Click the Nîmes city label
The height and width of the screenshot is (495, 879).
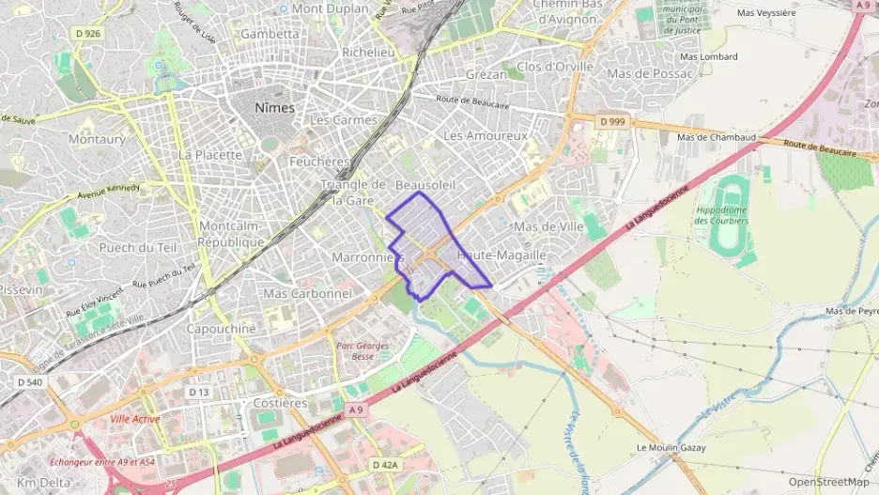[274, 108]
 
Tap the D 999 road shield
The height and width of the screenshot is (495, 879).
[610, 121]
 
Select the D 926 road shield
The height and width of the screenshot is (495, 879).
[86, 33]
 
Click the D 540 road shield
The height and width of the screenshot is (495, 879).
[30, 381]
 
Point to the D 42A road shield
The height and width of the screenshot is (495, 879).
[385, 464]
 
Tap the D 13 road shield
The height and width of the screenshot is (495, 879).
[198, 392]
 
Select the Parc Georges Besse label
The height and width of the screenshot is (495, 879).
[362, 350]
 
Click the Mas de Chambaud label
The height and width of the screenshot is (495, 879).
[717, 137]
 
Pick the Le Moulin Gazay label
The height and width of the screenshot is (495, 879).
[671, 447]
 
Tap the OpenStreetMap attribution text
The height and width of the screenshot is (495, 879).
[828, 482]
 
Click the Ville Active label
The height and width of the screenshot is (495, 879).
[134, 419]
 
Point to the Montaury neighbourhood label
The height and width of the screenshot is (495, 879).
[97, 139]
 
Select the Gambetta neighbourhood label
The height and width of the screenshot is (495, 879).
[270, 34]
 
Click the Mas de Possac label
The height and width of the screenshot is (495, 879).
[649, 73]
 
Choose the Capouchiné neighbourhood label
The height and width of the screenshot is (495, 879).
[221, 329]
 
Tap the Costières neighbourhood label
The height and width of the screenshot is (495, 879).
[280, 403]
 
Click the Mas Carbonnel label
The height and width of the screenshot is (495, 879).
[307, 294]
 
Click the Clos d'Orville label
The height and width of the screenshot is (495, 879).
[555, 67]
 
